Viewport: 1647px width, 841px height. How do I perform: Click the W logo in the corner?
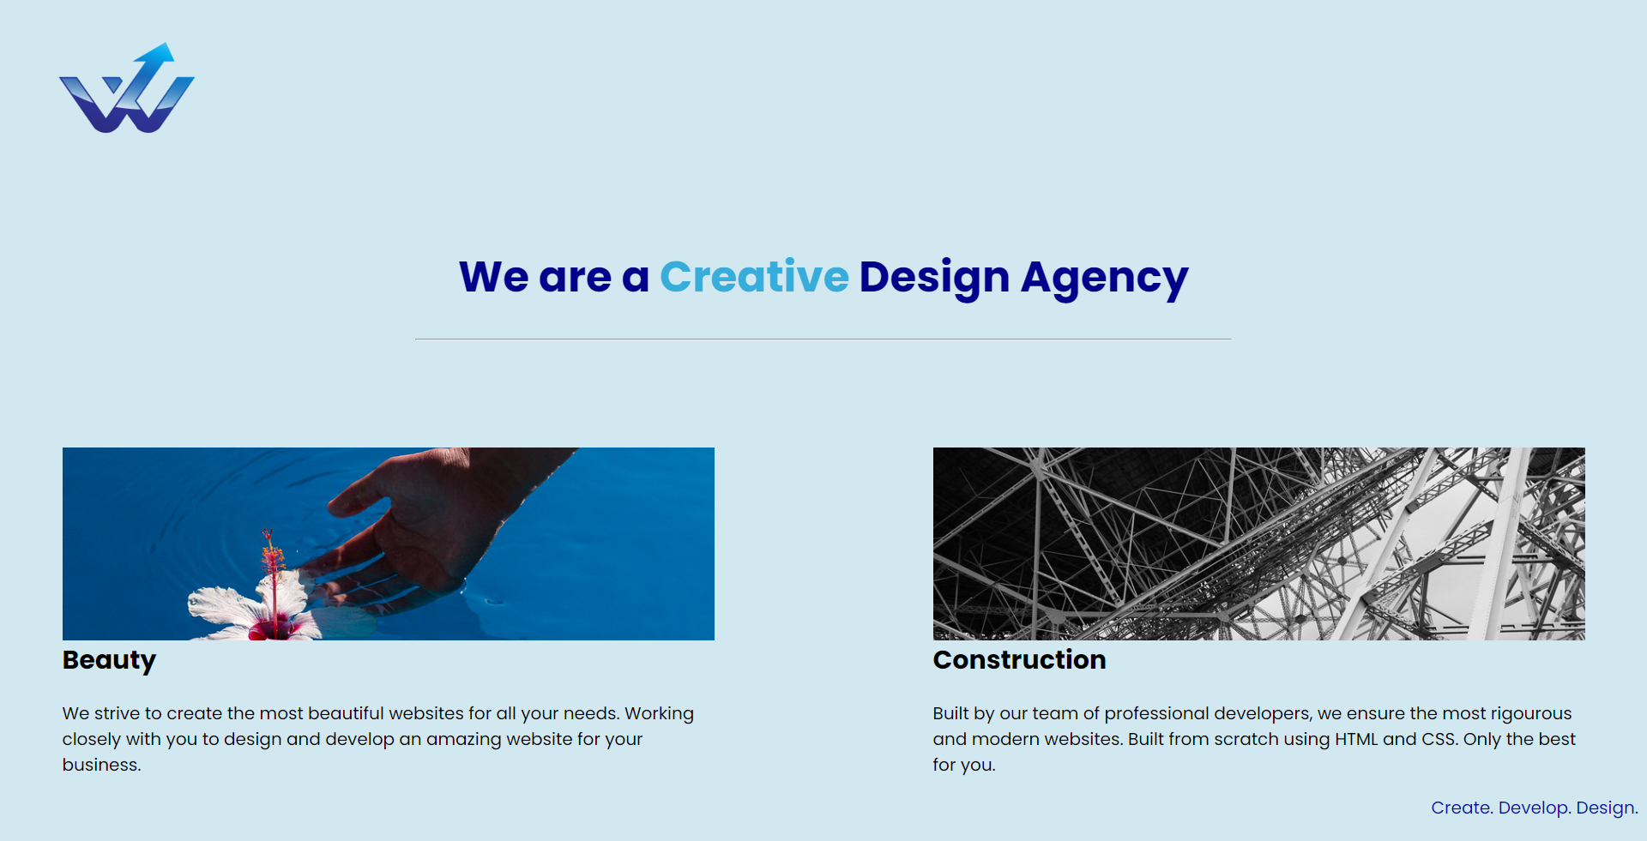[x=127, y=88]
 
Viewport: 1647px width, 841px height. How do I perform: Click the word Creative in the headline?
[x=754, y=277]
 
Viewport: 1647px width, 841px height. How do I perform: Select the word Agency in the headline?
[x=1104, y=279]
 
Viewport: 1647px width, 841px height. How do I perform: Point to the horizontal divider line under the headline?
[x=823, y=339]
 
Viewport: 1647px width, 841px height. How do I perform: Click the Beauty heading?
[x=109, y=660]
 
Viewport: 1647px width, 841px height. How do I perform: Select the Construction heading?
[x=1019, y=659]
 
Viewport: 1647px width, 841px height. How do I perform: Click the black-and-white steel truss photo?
[x=1258, y=544]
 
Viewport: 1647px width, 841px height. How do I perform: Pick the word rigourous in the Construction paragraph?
[x=1530, y=714]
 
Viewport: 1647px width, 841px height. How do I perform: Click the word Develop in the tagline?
[x=1534, y=808]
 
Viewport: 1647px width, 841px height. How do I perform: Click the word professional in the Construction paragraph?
[x=1156, y=714]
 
